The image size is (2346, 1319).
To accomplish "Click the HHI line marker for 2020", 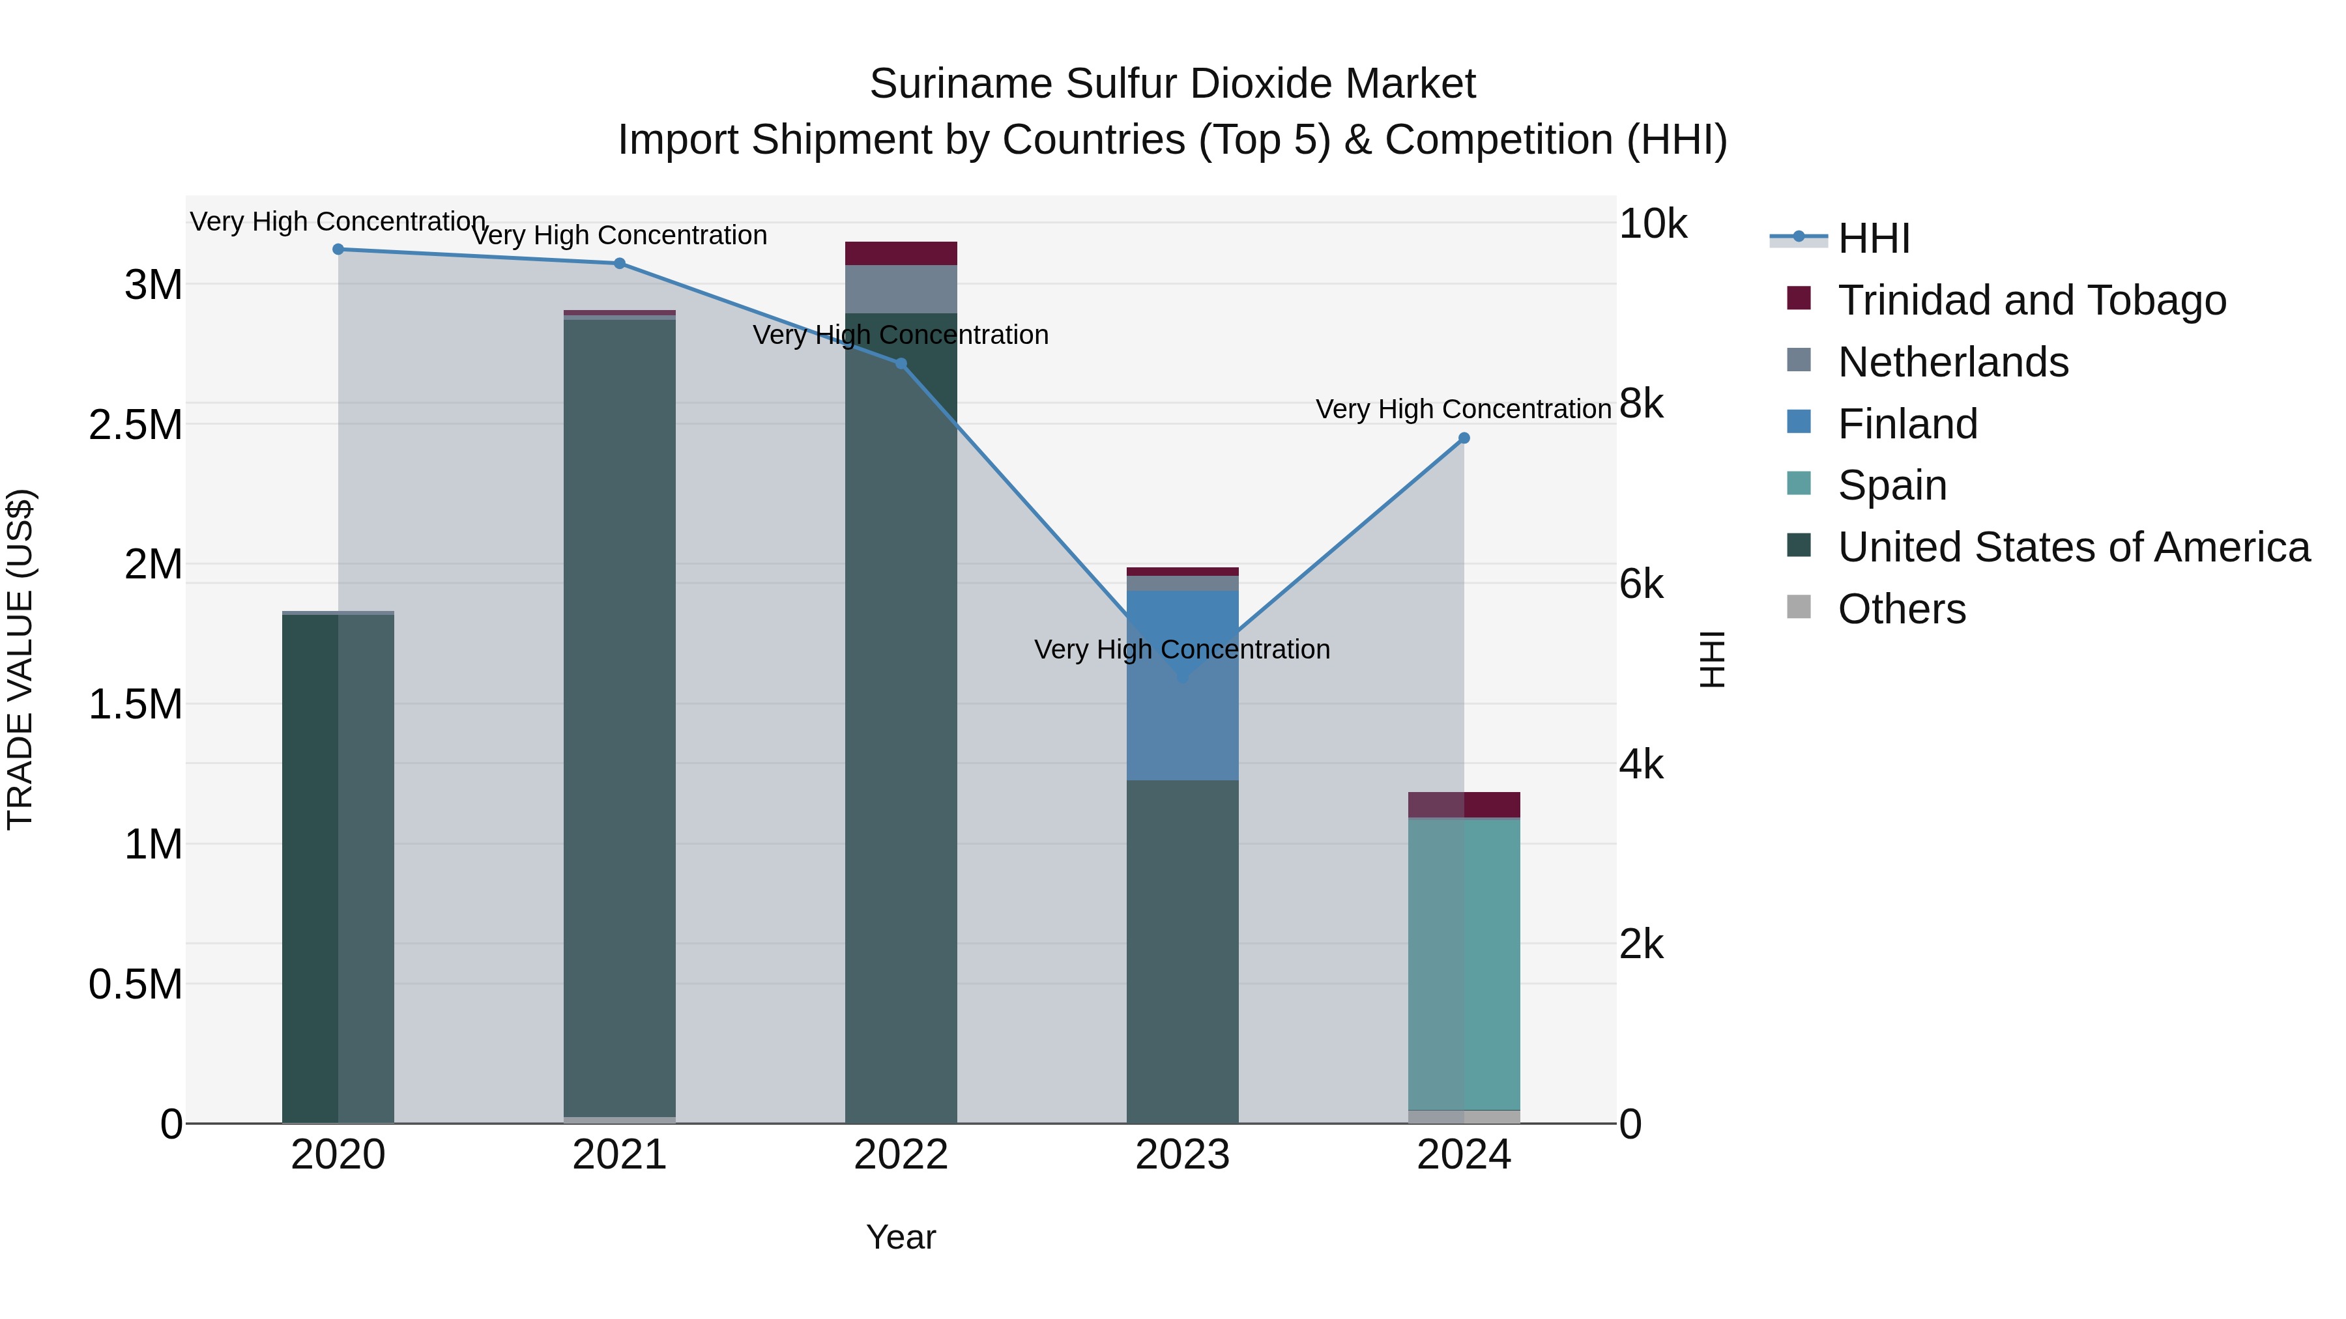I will pos(338,249).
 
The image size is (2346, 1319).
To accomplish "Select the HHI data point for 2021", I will pos(619,263).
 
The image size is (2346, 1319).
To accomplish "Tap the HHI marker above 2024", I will pos(1464,438).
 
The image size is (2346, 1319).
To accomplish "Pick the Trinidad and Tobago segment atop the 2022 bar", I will pos(901,253).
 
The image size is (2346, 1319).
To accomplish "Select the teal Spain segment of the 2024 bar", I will pos(1464,965).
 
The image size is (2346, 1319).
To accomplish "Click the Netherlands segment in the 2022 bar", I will pos(901,289).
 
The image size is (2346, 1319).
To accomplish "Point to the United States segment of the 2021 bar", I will pos(619,719).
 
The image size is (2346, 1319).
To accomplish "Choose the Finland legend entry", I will pos(1907,424).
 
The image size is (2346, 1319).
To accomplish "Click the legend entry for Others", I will pos(1901,609).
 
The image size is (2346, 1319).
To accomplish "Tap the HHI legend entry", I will pos(1874,238).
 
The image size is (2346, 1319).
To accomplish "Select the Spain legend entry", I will pos(1892,485).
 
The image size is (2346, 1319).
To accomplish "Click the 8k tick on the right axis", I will pos(1641,403).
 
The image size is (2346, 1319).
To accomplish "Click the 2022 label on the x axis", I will pos(901,1155).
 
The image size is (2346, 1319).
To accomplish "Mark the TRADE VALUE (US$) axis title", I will pos(20,659).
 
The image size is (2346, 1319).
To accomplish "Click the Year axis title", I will pos(901,1237).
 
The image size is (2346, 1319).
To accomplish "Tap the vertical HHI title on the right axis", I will pos(1711,659).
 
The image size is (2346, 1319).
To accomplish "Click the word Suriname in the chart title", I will pos(961,84).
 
